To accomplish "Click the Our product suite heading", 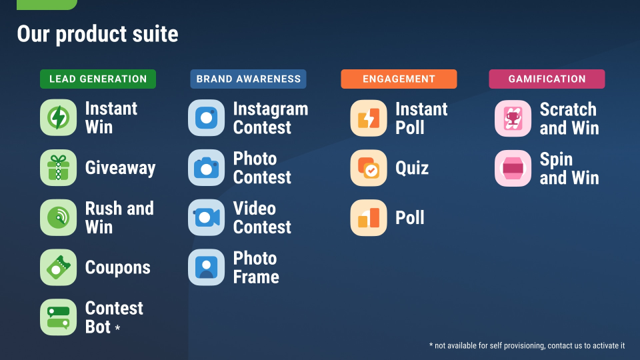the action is tap(97, 34).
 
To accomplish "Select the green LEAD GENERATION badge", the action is tap(98, 79).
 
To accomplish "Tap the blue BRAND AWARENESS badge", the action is tap(248, 79).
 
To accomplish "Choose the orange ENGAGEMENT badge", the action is tap(399, 79).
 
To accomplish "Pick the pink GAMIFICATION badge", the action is tap(547, 79).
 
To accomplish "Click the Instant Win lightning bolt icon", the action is tap(59, 117).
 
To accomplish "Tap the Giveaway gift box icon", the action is tap(59, 168).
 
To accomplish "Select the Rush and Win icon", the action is tap(59, 217).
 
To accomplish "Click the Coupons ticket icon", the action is tap(59, 267).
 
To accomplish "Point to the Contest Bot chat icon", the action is tap(59, 317).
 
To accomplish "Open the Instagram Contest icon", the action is tap(206, 118).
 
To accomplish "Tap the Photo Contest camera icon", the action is tap(206, 168).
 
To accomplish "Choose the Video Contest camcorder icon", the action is tap(206, 217).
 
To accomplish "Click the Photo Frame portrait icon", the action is tap(206, 267).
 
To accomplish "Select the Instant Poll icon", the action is tap(369, 118).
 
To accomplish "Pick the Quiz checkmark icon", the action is tap(369, 168).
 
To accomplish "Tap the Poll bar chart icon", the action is tap(369, 217).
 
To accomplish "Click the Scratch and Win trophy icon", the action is tap(513, 119).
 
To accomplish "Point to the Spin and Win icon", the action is tap(513, 168).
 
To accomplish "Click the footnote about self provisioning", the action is tap(527, 346).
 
